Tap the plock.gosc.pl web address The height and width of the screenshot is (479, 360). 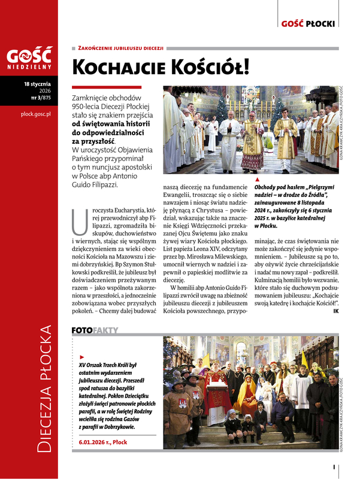click(x=35, y=113)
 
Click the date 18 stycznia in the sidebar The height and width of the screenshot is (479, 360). click(x=37, y=84)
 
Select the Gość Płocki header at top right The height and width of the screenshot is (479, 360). click(x=308, y=24)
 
